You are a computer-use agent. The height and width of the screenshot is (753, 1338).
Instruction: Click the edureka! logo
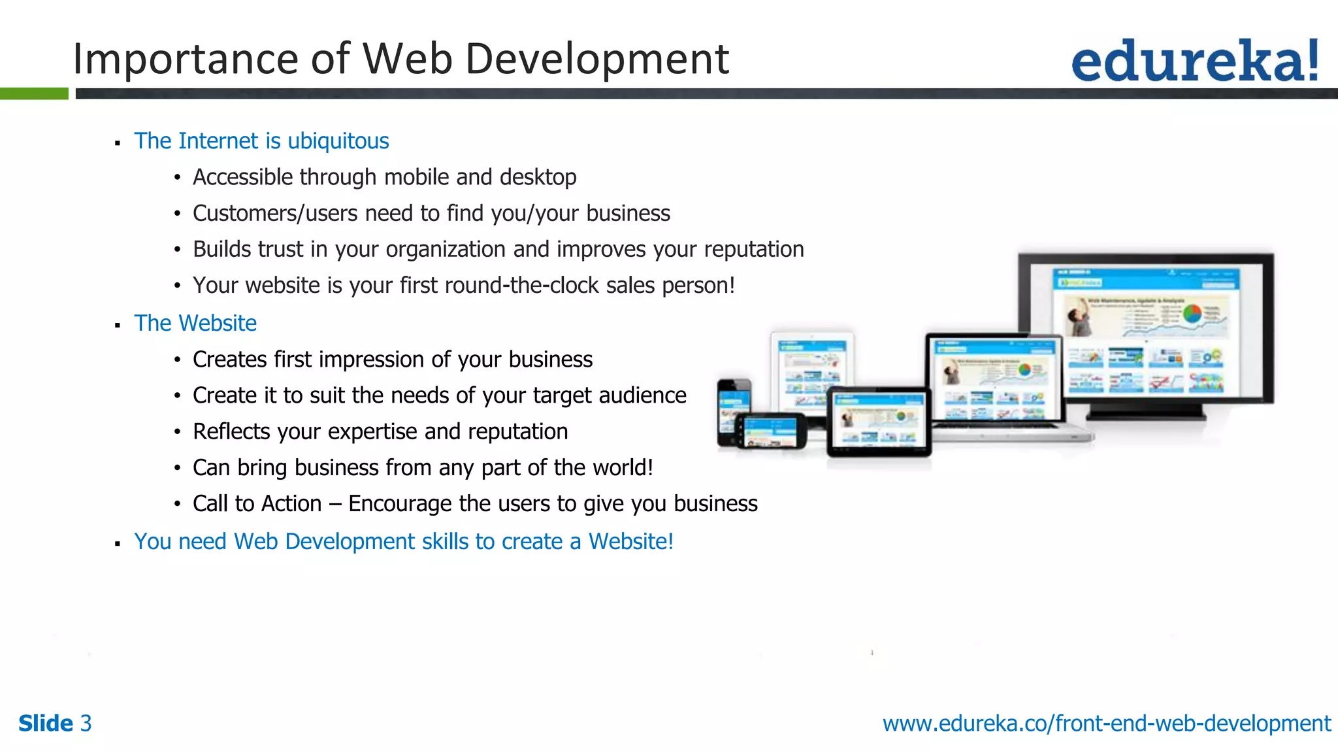1194,61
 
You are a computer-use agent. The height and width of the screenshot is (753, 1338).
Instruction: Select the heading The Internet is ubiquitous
261,141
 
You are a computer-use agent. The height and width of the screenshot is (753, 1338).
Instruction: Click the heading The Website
195,324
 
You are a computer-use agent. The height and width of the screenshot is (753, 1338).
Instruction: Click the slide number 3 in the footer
86,724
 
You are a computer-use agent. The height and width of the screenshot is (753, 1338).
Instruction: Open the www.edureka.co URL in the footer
1106,724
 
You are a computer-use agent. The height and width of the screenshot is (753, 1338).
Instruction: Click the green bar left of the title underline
34,93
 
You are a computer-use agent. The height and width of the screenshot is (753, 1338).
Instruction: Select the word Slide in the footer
46,724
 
